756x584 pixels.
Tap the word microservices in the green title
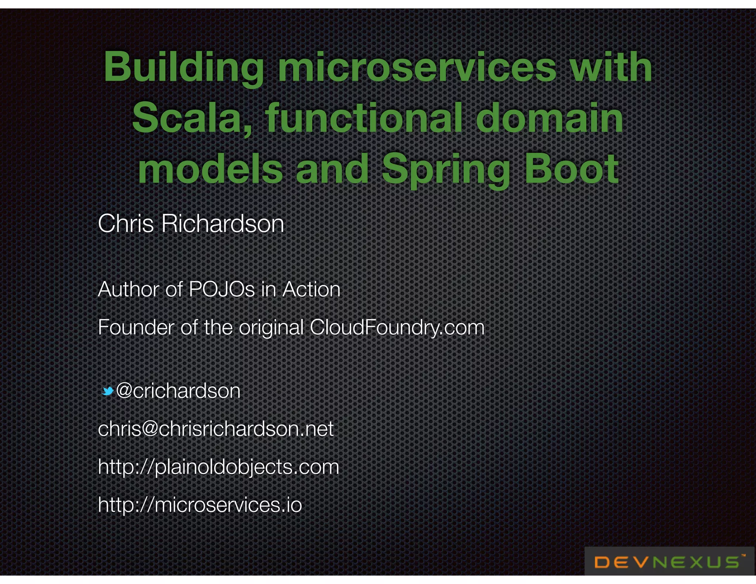417,67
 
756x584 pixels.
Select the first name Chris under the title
126,224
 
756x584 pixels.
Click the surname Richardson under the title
223,224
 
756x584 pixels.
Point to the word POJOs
221,289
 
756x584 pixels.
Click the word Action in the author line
311,289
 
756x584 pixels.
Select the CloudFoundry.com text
397,327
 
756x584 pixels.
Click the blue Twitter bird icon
107,391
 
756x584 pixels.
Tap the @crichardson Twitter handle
178,391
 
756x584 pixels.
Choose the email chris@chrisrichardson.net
216,429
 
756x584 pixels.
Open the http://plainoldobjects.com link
218,467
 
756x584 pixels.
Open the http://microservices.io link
200,505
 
